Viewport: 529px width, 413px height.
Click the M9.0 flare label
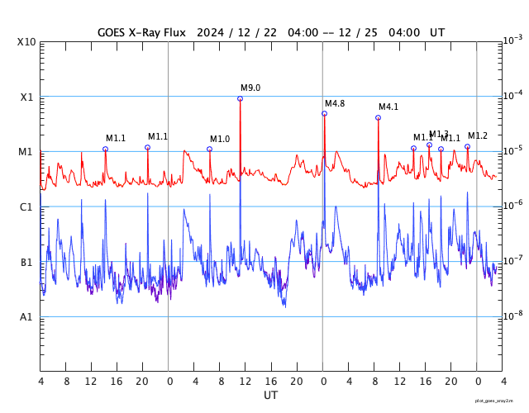[250, 88]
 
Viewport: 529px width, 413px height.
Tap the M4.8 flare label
[335, 103]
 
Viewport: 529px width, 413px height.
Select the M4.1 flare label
[388, 107]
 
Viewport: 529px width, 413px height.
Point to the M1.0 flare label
[220, 140]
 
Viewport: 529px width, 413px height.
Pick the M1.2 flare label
[478, 136]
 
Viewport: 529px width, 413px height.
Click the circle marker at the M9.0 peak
[241, 99]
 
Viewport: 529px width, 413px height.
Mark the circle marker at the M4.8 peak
[325, 114]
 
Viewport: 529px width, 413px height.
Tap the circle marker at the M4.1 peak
[379, 118]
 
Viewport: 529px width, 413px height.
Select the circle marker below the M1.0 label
[210, 150]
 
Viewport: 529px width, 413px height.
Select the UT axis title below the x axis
[271, 396]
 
